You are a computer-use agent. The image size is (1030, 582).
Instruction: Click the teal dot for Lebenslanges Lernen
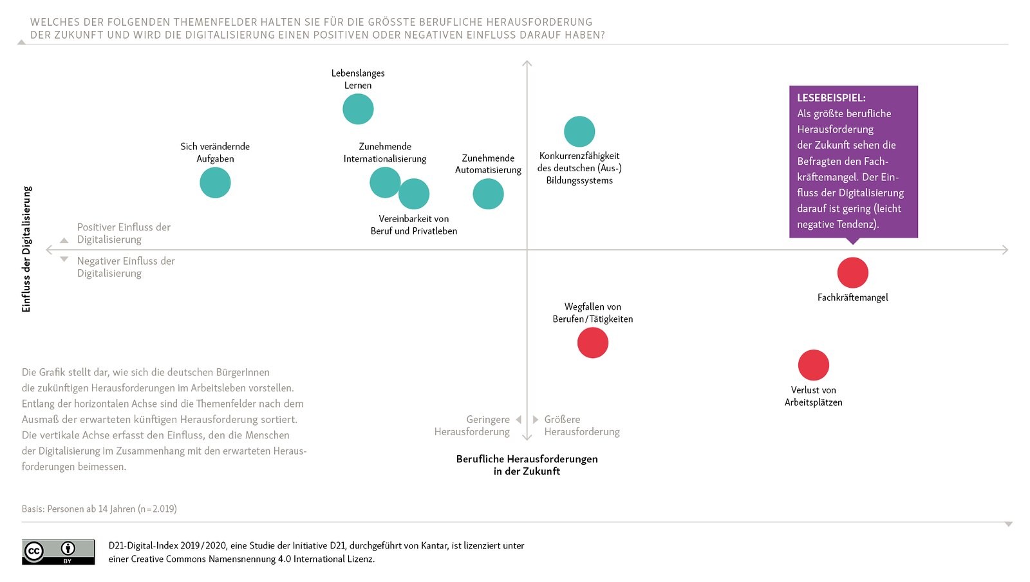tap(358, 109)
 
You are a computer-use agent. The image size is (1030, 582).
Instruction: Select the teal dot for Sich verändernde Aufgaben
tap(215, 183)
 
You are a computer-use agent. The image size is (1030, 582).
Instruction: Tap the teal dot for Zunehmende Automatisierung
tap(488, 194)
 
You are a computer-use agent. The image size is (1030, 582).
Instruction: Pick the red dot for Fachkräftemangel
tap(852, 272)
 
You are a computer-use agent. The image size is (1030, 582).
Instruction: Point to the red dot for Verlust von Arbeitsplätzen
tap(813, 365)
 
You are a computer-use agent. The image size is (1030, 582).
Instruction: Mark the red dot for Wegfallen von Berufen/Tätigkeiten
tap(592, 343)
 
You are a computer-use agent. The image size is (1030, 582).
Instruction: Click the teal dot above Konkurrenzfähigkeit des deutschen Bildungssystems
tap(579, 131)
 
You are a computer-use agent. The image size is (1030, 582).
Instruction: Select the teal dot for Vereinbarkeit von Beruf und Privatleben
tap(415, 194)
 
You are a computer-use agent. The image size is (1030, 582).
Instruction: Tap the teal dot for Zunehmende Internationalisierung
tap(384, 182)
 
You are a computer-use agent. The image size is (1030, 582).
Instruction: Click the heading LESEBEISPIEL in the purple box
tap(831, 98)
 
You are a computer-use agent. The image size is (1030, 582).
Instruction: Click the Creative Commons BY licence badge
tap(58, 552)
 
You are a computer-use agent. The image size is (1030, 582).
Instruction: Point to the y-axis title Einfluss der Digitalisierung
tap(26, 249)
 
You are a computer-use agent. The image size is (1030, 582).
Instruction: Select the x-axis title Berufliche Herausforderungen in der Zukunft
tap(527, 465)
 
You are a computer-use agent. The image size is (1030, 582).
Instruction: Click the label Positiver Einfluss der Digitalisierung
tap(124, 233)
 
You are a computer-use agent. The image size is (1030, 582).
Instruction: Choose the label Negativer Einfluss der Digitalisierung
tap(126, 267)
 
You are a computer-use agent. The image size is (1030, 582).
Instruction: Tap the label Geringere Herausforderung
tap(473, 426)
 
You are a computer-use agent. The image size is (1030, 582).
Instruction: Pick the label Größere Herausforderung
tap(581, 426)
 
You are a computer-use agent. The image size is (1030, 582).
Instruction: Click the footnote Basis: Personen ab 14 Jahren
tap(99, 509)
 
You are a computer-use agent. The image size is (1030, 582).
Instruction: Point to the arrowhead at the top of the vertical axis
tap(527, 63)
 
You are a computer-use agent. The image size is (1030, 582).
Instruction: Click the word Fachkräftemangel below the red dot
tap(852, 297)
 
